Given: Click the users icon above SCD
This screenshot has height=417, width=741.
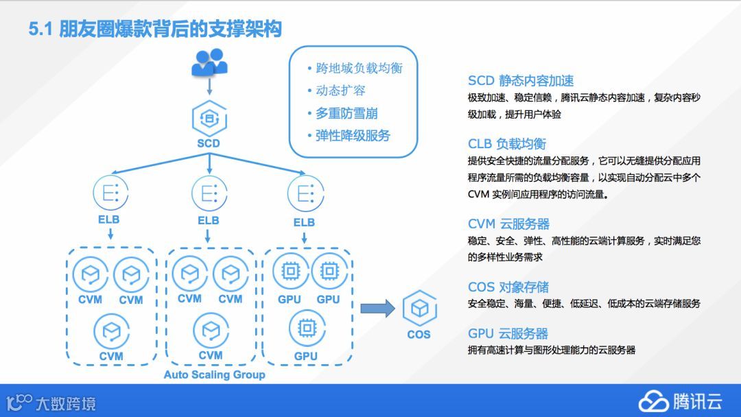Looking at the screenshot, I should click(x=209, y=62).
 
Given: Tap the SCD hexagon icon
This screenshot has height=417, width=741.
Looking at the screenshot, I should click(x=208, y=117).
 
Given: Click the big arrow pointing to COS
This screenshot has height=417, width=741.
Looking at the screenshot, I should click(x=377, y=309).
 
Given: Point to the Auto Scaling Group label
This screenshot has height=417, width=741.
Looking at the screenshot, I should click(x=214, y=375).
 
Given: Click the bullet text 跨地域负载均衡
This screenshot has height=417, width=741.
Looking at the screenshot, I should click(x=359, y=68).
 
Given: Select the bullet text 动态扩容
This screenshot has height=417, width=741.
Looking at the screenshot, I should click(x=340, y=91).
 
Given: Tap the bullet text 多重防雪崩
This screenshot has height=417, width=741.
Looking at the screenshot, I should click(x=346, y=113).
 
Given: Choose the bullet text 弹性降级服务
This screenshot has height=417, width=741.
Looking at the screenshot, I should click(x=353, y=136).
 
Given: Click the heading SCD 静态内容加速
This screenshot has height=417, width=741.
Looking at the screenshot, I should click(x=521, y=81).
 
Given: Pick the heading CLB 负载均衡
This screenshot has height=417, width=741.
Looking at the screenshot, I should click(x=507, y=144).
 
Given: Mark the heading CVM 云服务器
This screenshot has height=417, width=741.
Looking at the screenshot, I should click(x=508, y=224).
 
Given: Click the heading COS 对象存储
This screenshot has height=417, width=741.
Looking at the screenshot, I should click(x=508, y=287).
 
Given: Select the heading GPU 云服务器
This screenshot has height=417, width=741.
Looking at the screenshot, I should click(x=508, y=334).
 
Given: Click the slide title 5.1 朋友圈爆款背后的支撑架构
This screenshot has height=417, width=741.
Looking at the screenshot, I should click(x=155, y=29).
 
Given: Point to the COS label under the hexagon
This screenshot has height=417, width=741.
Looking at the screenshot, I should click(x=419, y=335).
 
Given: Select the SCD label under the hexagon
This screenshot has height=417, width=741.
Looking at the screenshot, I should click(x=208, y=143).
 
